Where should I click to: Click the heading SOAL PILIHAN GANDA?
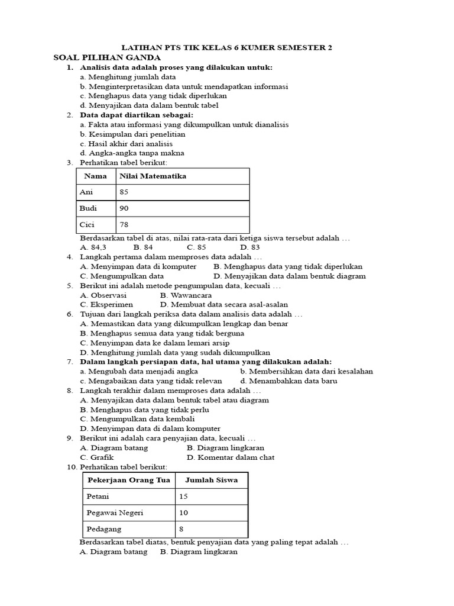(107, 57)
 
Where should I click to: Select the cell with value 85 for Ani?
(124, 192)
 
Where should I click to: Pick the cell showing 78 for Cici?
(124, 225)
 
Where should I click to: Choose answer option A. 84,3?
(93, 247)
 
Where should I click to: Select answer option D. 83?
(249, 247)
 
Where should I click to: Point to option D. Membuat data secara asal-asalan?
(224, 304)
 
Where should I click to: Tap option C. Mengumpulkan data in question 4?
(122, 276)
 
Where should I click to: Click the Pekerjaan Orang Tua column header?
(128, 480)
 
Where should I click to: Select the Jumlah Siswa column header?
(211, 480)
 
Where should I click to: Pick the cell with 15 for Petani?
(183, 497)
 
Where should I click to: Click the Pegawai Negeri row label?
(115, 512)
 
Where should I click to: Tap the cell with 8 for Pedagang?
(181, 529)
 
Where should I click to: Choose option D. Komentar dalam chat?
(231, 457)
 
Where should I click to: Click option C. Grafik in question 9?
(97, 457)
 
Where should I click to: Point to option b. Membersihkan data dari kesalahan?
(306, 371)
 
